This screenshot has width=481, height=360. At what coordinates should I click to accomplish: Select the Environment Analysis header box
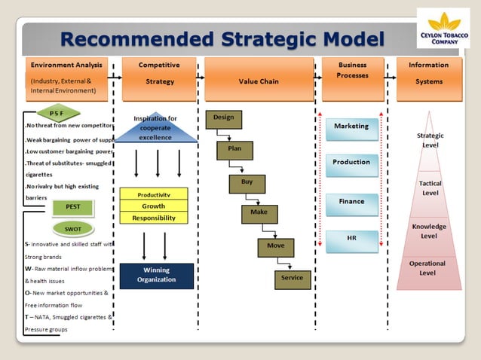66,78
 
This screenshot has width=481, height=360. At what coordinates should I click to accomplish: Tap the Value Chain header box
259,80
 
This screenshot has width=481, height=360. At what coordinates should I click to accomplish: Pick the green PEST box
73,206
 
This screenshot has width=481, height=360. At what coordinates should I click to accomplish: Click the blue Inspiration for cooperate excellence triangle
155,129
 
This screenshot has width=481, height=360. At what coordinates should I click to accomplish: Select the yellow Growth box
154,206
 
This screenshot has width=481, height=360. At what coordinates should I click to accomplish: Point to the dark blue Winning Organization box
156,276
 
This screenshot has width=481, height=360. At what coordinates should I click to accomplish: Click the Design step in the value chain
223,118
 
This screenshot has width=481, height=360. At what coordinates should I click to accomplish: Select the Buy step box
247,183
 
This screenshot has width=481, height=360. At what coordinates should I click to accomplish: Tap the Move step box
275,246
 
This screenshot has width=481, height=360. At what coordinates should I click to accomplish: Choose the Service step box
292,278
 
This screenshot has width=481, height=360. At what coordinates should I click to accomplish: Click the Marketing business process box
351,127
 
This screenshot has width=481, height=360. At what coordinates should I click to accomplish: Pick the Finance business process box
351,202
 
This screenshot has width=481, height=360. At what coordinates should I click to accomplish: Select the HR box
351,238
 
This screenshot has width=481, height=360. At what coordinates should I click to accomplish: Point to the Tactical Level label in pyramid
430,188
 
